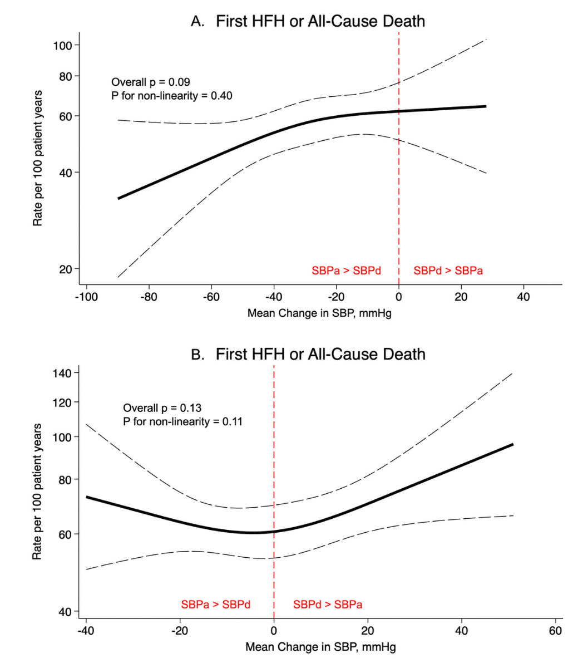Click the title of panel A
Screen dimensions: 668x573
(x=308, y=21)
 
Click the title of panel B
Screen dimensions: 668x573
(x=308, y=354)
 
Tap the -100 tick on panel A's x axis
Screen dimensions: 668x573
(x=86, y=297)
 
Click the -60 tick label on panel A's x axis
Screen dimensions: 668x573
(x=211, y=297)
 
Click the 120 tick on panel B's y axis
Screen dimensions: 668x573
(x=66, y=402)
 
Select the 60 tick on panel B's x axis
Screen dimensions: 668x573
(x=555, y=631)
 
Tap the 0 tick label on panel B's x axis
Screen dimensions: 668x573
(x=274, y=631)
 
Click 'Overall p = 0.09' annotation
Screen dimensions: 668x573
(x=151, y=82)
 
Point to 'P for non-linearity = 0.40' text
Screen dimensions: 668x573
(x=172, y=96)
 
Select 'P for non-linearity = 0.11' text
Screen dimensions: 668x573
(x=182, y=421)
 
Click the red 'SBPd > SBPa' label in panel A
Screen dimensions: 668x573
(x=448, y=271)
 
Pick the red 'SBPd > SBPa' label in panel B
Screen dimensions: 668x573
(x=328, y=605)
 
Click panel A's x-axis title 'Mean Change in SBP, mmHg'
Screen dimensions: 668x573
(x=319, y=313)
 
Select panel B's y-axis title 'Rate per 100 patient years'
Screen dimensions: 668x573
(x=37, y=491)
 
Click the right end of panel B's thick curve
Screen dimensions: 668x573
(x=512, y=444)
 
